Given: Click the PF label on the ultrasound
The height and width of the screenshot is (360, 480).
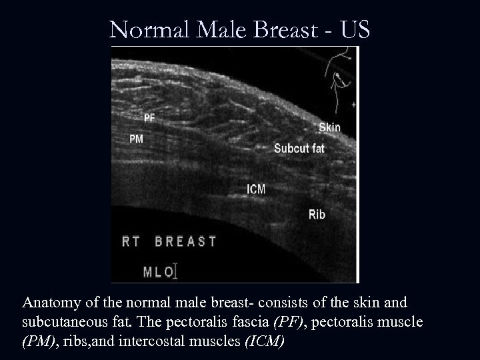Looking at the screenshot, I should (149, 118).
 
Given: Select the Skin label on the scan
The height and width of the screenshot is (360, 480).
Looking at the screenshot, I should (329, 127).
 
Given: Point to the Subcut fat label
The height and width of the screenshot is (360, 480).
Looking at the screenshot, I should (299, 148).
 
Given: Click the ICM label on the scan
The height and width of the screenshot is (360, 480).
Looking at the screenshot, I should (256, 189).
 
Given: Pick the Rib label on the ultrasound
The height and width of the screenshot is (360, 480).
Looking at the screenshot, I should (317, 214).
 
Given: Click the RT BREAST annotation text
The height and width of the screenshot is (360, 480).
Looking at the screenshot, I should (169, 241).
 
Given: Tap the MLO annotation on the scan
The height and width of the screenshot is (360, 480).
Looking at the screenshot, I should (160, 271).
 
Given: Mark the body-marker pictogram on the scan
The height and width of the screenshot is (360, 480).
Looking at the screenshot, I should (340, 77).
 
